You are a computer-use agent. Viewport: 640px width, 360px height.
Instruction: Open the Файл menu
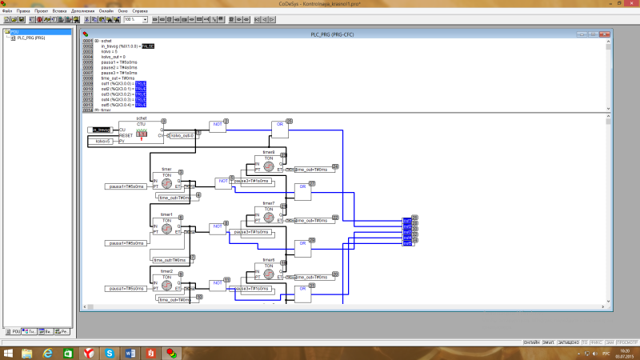[x=7, y=11]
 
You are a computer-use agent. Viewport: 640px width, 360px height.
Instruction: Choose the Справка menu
[x=140, y=11]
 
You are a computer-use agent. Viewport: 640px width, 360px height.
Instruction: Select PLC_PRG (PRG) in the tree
[x=30, y=38]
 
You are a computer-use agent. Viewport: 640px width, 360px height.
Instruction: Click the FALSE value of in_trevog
[x=148, y=46]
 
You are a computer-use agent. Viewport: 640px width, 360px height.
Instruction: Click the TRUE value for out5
[x=140, y=105]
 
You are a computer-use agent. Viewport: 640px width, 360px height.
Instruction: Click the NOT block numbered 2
[x=218, y=125]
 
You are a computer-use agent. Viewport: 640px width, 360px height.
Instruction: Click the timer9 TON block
[x=269, y=165]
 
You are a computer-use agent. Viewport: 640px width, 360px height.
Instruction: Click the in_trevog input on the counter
[x=100, y=130]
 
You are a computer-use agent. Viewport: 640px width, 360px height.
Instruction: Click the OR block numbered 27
[x=302, y=191]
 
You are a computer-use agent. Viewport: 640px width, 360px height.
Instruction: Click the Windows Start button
[x=9, y=352]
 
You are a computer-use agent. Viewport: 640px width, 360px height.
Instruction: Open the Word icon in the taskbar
[x=130, y=352]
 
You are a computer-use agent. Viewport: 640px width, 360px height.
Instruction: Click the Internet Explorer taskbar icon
[x=47, y=352]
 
